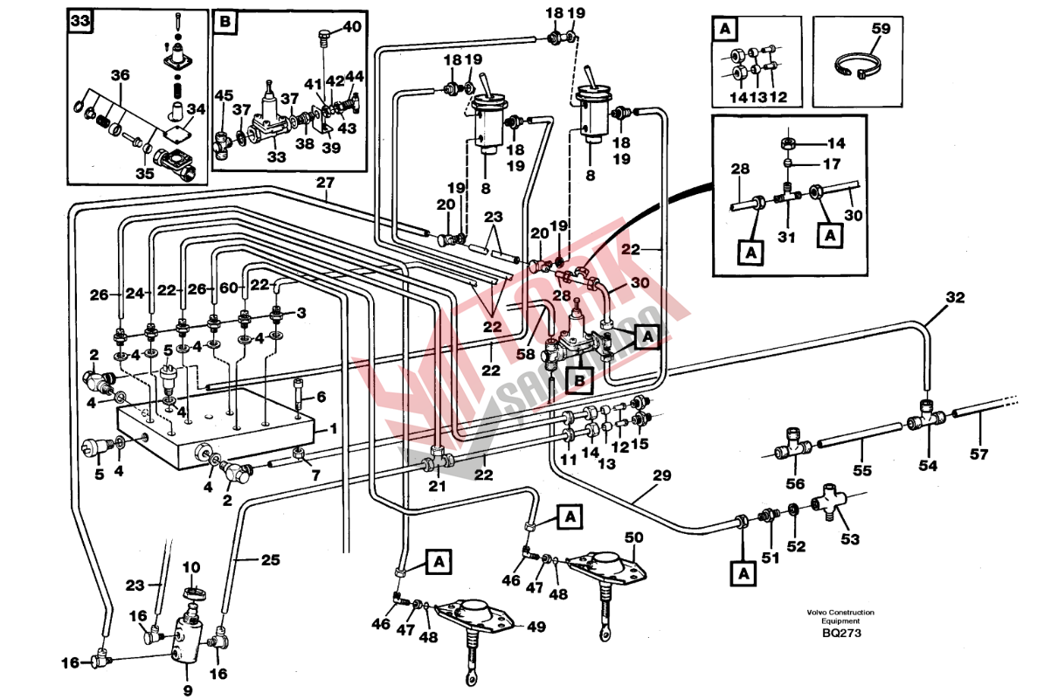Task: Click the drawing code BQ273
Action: [840, 634]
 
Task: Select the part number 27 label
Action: [325, 183]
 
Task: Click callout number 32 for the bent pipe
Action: [955, 297]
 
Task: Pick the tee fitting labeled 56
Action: [793, 444]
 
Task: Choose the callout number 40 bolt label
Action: [351, 27]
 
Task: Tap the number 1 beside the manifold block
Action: [332, 431]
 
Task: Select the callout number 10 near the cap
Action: [191, 568]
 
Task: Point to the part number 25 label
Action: [271, 558]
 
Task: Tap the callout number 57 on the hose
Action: [978, 454]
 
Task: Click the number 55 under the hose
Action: [862, 470]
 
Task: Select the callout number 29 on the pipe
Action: [661, 475]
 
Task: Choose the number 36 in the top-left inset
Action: [120, 75]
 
